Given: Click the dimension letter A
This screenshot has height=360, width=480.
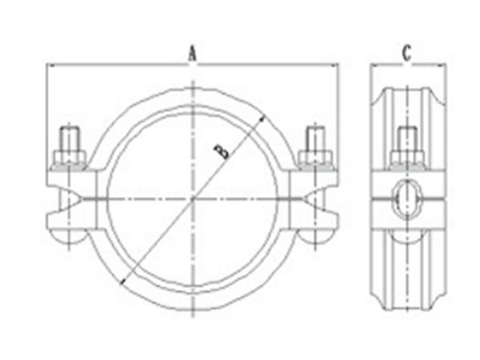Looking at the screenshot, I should tap(192, 54).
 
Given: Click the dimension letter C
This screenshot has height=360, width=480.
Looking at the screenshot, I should tap(406, 54).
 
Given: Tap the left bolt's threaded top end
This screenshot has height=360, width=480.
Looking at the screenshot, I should tap(70, 135).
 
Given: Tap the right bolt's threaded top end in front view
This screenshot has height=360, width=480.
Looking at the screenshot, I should tap(315, 135).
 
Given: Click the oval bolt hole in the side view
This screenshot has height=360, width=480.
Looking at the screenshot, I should tap(406, 194).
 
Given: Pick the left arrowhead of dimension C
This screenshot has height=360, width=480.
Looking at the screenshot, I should tap(372, 65).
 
